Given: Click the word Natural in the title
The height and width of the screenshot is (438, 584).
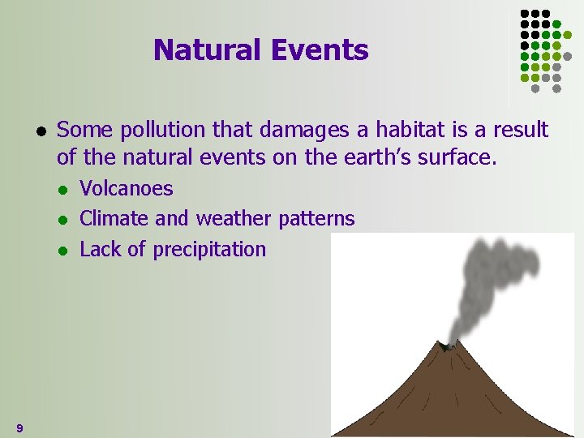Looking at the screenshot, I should [204, 50].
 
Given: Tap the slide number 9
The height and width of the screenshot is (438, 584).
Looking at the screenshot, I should [19, 427].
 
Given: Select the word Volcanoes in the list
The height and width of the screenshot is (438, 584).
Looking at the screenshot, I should [127, 189].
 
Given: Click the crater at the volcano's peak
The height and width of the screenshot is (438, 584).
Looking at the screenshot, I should [444, 346].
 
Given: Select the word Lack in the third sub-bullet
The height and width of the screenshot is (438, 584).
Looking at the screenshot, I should [100, 250].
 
